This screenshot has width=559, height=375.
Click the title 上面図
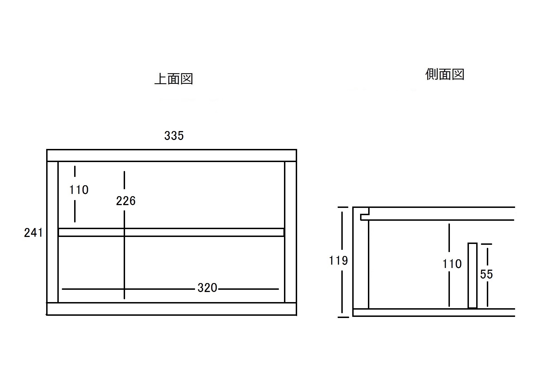(174, 79)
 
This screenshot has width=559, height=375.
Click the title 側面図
(445, 74)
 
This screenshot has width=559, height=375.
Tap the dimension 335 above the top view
(174, 136)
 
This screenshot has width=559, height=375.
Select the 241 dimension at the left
(33, 232)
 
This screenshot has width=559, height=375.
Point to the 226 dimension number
(126, 201)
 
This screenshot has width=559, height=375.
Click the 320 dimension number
(207, 288)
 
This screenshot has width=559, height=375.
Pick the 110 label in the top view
(79, 190)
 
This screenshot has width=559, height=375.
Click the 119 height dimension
(339, 261)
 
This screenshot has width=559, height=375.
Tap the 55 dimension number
(487, 274)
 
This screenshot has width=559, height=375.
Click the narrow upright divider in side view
(473, 276)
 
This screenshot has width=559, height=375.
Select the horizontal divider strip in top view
(171, 232)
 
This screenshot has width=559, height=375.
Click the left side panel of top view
(52, 232)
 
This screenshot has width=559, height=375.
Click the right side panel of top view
(290, 232)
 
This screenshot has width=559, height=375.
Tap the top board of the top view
(172, 155)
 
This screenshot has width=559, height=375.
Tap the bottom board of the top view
(172, 309)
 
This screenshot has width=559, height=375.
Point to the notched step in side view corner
(365, 214)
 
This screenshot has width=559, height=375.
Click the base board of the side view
(434, 312)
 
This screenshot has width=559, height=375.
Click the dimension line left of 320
(128, 289)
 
